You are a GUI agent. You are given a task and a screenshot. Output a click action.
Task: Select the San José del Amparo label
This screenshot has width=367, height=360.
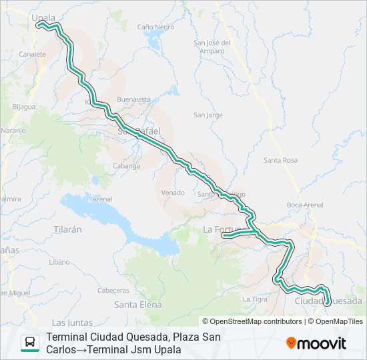coord(212,47)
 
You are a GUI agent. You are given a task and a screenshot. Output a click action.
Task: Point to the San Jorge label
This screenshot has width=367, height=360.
coord(208,115)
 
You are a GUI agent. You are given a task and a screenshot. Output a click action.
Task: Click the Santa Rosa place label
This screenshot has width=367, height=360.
coord(280,160)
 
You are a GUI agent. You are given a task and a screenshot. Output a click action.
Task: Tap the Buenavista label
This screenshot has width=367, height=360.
coord(133,99)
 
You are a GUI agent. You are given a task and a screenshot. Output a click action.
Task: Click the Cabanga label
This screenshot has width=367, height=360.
coord(126,166)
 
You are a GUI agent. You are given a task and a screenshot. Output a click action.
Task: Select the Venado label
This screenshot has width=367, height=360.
coord(172,193)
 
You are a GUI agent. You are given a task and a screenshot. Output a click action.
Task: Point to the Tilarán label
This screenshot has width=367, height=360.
coord(67,229)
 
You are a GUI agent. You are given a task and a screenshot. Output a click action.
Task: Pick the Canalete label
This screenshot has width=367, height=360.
coord(33,54)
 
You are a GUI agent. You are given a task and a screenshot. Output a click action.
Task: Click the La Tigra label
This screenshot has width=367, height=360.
coord(255,299)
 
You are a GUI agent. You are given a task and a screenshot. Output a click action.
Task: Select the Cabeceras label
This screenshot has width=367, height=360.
coord(113,290)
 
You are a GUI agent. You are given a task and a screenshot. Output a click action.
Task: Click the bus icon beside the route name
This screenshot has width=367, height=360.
coord(30,343)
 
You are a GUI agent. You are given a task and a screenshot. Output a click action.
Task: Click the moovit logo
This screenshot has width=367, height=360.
coord(316,343)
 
